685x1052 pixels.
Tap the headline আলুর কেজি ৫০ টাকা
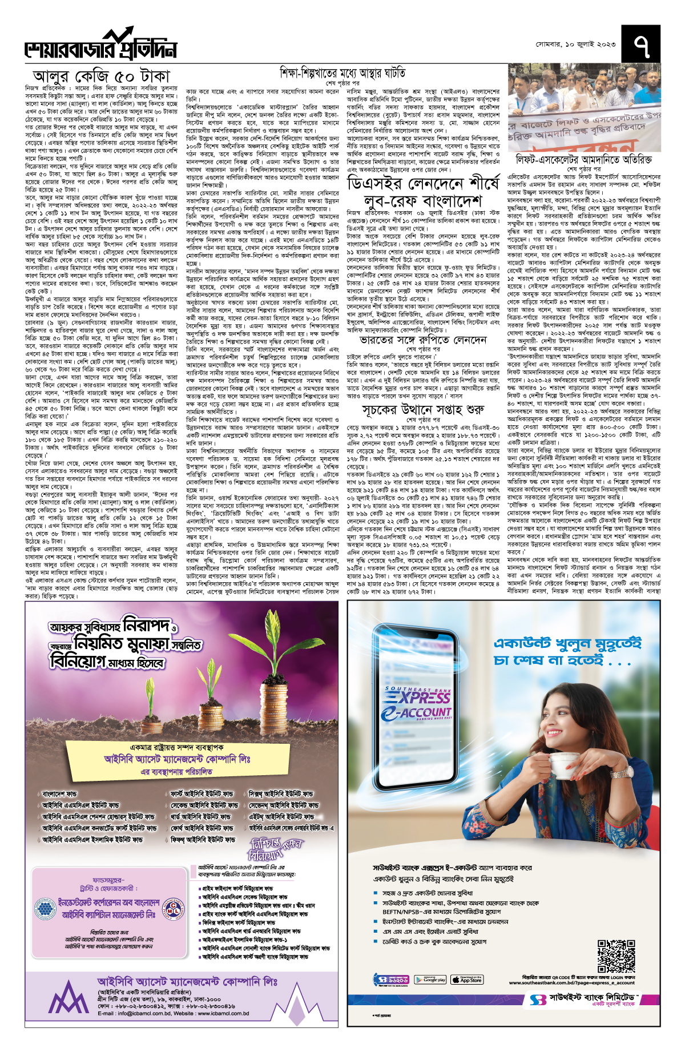click(102, 76)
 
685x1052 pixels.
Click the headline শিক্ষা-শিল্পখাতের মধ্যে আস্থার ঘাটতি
click(342, 73)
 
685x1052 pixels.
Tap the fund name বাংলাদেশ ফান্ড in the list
click(59, 794)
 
